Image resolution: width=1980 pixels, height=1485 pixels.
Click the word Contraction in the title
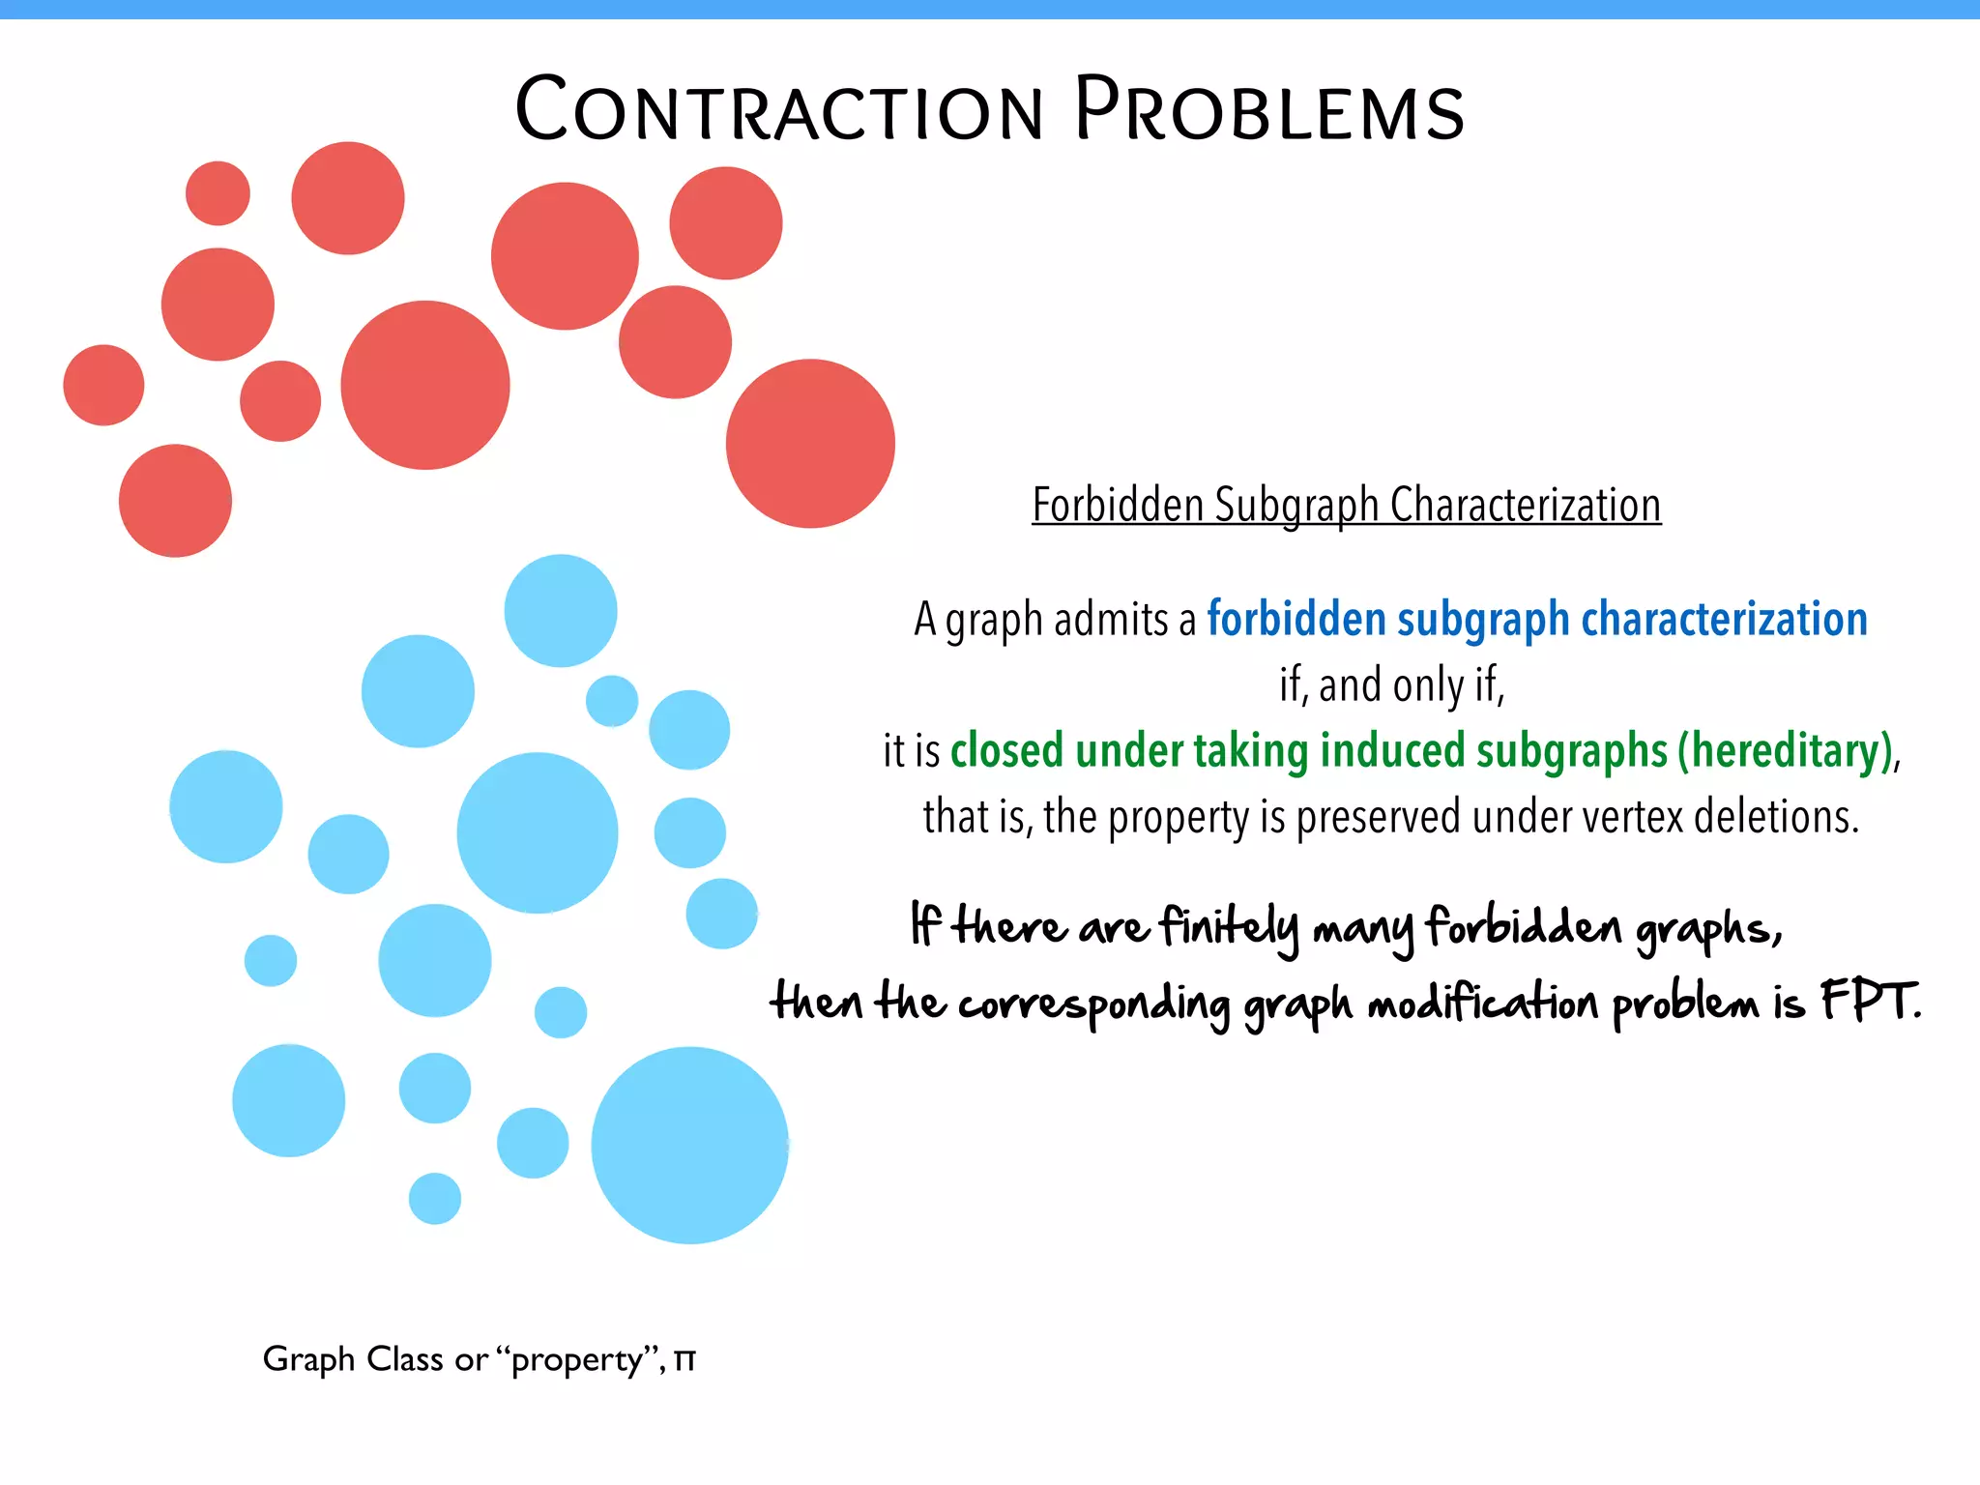(x=779, y=110)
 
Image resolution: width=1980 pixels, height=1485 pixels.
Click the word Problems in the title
(x=1269, y=110)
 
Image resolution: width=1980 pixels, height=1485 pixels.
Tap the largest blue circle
(x=689, y=1145)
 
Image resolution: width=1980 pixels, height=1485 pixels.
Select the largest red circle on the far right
(x=810, y=444)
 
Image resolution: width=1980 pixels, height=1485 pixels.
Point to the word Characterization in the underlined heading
(x=1526, y=505)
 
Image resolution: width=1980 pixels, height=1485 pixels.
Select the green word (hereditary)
(x=1785, y=751)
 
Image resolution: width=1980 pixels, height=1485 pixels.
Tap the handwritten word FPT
(x=1869, y=1002)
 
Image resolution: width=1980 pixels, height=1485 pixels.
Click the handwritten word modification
(x=1482, y=1004)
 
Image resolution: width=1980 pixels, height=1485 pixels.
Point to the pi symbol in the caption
(x=684, y=1359)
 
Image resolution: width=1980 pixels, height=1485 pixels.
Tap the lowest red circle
(x=175, y=501)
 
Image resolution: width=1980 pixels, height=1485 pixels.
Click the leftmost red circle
(x=103, y=385)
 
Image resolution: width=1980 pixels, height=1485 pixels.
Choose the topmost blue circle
(x=561, y=610)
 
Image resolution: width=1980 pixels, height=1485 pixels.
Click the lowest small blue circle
(x=435, y=1199)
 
